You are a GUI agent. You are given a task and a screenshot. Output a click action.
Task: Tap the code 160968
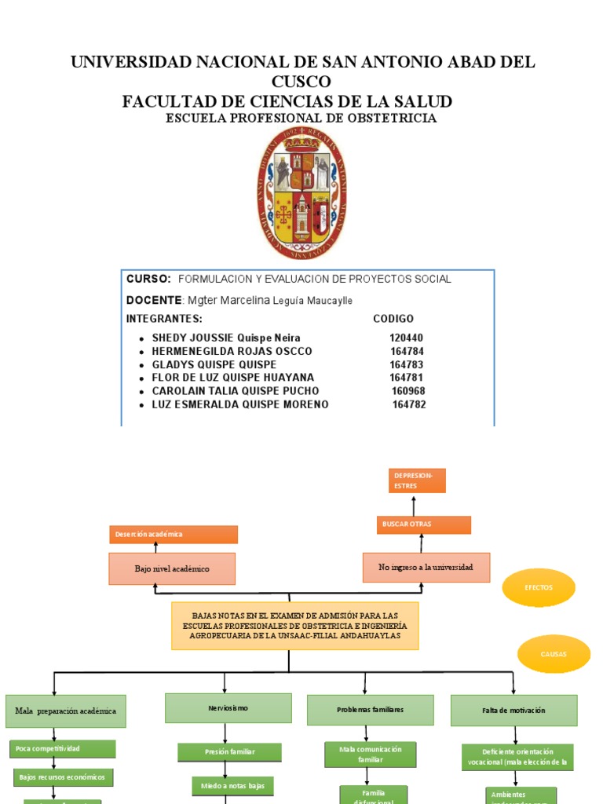click(x=407, y=391)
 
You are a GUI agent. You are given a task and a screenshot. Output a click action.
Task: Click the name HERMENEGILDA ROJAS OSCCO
click(x=232, y=351)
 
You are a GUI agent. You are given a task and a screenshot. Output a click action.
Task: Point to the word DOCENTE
click(x=153, y=300)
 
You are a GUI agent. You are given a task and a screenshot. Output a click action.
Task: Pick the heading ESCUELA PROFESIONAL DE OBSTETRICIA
click(x=301, y=118)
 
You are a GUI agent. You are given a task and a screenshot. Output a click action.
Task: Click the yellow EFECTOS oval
click(x=539, y=587)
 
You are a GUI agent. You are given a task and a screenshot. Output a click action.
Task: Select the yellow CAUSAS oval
click(x=553, y=654)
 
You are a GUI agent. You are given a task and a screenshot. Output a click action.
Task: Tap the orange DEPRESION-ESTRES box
click(x=417, y=481)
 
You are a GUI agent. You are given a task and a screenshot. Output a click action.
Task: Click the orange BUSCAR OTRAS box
click(x=423, y=524)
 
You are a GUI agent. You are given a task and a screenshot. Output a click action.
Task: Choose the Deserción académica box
click(x=173, y=534)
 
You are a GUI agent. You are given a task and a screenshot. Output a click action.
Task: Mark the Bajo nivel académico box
click(x=172, y=568)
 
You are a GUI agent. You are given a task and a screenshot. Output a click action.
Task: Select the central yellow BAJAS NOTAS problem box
click(x=294, y=626)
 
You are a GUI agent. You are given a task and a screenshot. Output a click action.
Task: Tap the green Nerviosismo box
click(x=228, y=708)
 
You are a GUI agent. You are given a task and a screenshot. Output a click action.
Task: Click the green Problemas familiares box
click(x=370, y=710)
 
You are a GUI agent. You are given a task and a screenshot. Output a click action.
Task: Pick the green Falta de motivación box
click(x=513, y=710)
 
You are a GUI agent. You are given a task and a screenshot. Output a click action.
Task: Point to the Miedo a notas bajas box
click(x=232, y=785)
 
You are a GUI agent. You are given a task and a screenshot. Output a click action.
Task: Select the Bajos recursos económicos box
click(x=64, y=777)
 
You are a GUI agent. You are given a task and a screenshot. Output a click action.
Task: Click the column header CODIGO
click(x=392, y=319)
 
